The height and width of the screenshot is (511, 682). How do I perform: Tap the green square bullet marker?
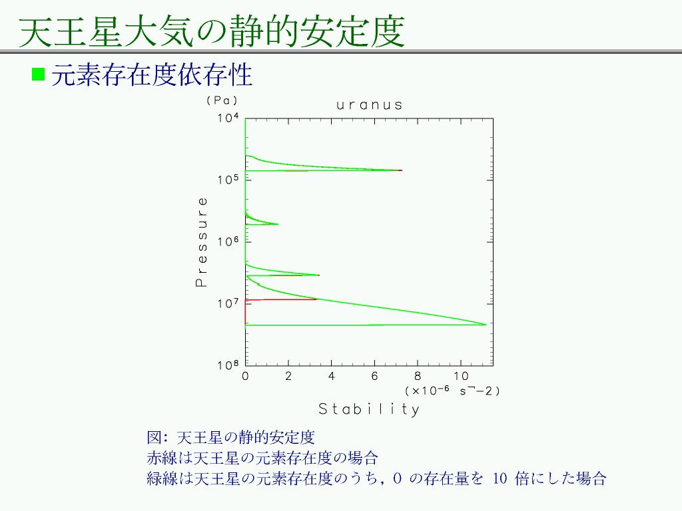tap(38, 75)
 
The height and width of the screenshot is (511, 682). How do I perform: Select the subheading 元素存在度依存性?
tap(152, 75)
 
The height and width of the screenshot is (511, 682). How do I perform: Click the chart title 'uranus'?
tap(369, 105)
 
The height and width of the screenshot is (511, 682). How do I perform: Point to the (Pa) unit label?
tap(222, 100)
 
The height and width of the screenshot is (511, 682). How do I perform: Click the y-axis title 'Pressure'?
tap(201, 242)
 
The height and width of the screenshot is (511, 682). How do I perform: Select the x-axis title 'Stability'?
tap(369, 409)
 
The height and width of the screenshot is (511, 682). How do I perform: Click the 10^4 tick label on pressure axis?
tap(228, 118)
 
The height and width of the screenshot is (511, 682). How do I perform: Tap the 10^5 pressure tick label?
tap(228, 180)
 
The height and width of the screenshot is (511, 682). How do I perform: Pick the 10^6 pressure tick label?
tap(228, 241)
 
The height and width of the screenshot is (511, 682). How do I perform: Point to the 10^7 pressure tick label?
tap(228, 303)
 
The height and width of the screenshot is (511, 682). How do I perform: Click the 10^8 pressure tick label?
tap(228, 365)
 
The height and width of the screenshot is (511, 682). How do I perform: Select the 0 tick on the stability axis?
tap(245, 377)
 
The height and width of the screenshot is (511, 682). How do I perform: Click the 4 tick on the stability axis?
tap(332, 377)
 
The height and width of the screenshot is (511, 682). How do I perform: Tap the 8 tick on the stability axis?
tap(418, 377)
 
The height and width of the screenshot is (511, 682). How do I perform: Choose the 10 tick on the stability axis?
tap(461, 377)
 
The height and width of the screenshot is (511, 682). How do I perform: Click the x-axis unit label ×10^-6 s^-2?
tap(452, 391)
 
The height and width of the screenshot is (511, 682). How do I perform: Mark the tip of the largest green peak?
tap(486, 324)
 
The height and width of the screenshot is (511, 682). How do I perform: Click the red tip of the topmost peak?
tap(401, 170)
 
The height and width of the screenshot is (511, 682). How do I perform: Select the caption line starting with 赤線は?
tap(262, 458)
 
